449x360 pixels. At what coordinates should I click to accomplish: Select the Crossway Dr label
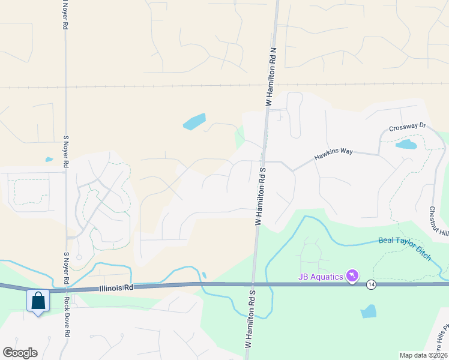(x=407, y=127)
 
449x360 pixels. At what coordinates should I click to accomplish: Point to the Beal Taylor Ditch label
(x=405, y=248)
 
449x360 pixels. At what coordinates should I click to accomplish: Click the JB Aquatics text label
(x=321, y=276)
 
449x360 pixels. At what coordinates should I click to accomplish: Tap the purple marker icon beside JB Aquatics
(x=353, y=276)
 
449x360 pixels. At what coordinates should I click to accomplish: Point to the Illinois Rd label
(x=116, y=288)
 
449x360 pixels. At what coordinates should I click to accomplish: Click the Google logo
(x=20, y=353)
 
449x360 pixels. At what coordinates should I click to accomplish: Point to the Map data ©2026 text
(x=423, y=355)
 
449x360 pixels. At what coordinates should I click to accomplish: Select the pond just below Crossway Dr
(x=406, y=145)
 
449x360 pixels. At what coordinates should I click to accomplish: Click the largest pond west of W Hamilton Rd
(x=194, y=122)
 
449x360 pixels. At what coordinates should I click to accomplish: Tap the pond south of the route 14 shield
(x=368, y=311)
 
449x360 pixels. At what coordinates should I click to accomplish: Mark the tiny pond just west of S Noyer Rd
(x=49, y=160)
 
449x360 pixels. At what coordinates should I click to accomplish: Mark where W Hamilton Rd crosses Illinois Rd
(x=253, y=284)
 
